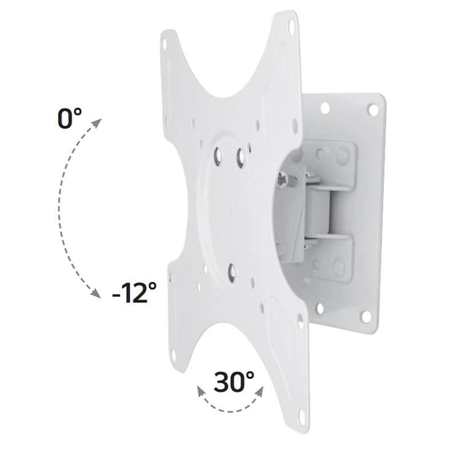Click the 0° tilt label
pos(69,119)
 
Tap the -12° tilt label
pos(134,295)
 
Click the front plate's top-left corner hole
pos(165,43)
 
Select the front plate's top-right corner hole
pos(292,26)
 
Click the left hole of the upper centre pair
pos(218,152)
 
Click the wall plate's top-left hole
pos(325,106)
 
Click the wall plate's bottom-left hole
pos(320,309)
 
